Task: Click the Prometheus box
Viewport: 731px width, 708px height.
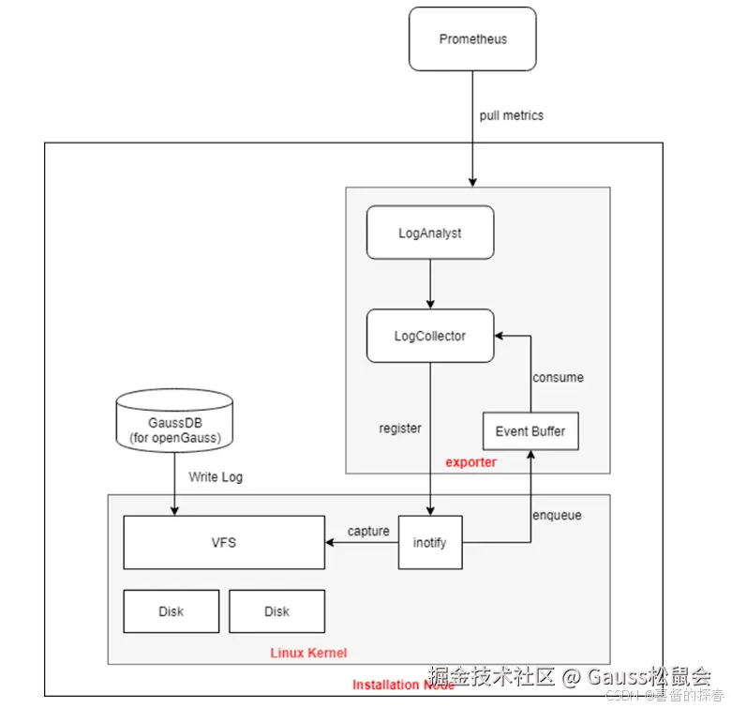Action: (x=473, y=39)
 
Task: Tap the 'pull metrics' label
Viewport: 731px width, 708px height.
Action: (x=511, y=115)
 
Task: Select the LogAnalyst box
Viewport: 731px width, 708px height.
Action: (x=429, y=233)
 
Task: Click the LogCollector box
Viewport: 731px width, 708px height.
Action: (x=429, y=336)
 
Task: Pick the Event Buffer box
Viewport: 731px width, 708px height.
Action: (x=530, y=431)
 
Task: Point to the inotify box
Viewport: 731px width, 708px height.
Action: (x=430, y=542)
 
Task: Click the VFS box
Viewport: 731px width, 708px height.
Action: (x=224, y=542)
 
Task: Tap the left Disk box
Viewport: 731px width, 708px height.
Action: (x=171, y=611)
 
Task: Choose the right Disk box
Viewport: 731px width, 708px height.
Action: (x=276, y=611)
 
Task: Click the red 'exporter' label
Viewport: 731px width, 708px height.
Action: (x=470, y=462)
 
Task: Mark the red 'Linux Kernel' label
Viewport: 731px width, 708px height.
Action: (x=308, y=653)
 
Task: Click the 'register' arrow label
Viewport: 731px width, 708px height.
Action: (x=399, y=429)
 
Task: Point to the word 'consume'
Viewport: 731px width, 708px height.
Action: (x=558, y=377)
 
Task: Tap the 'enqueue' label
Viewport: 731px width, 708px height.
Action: (x=558, y=516)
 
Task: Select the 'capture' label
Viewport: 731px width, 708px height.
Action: (x=368, y=531)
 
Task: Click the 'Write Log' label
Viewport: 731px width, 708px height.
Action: (x=216, y=477)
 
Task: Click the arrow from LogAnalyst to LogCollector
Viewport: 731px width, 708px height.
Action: (x=429, y=283)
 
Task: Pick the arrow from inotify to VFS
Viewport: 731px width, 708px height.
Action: (x=361, y=542)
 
